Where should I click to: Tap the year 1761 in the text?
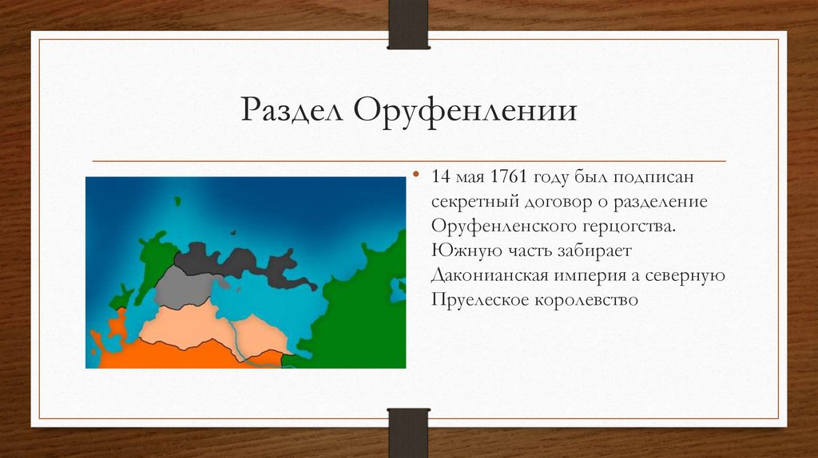coord(509,176)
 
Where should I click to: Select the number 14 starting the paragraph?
coord(440,176)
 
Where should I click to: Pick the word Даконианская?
coord(490,275)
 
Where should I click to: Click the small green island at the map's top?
coord(177,201)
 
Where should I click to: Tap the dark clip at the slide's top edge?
coord(408,25)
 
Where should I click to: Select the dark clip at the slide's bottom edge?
coord(408,432)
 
